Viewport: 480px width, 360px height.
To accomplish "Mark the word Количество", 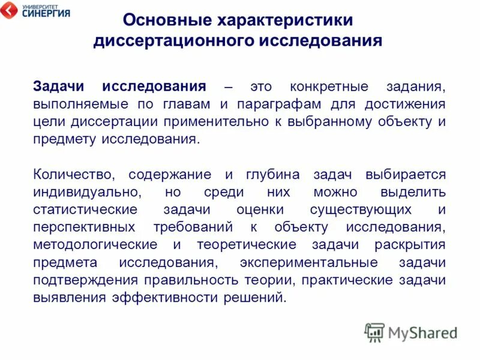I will coord(74,175).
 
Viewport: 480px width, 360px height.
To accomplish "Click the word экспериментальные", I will coord(308,263).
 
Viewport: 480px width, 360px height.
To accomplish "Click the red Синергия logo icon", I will coord(10,11).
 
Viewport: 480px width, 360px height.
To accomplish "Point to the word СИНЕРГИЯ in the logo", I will coord(45,13).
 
